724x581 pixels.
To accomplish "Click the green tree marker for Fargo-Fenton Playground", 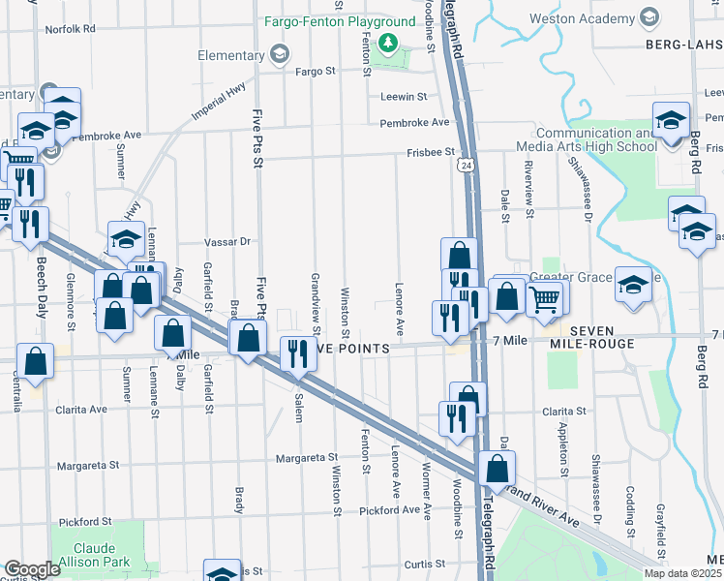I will click(387, 43).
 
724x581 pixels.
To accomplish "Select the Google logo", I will click(32, 569).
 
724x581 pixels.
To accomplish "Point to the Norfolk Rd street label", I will click(71, 29).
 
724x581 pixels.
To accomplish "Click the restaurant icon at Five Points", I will click(297, 353).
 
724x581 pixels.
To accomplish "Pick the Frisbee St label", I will click(431, 152).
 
